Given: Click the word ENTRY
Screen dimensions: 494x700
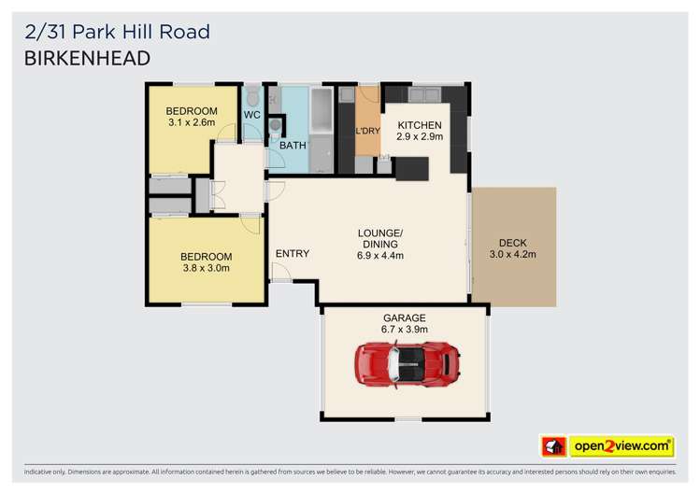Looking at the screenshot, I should click(293, 254).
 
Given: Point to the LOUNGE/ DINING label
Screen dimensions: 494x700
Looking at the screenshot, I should click(381, 238).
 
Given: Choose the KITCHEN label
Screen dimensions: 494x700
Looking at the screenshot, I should click(420, 125).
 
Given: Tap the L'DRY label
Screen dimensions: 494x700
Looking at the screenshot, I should click(368, 131).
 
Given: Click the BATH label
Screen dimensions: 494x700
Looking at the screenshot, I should click(293, 146).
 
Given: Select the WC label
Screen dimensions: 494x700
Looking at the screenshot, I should click(251, 115).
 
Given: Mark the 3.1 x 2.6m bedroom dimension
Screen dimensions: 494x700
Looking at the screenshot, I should click(192, 122).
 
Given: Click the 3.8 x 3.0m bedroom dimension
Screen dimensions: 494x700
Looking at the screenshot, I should click(206, 268).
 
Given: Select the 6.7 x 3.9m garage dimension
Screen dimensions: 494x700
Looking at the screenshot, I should click(404, 329).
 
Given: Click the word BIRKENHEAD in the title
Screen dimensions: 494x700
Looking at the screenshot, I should click(87, 58).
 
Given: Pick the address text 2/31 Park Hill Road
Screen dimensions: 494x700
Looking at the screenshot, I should click(117, 32).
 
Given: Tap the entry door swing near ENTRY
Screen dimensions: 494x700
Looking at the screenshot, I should click(280, 272).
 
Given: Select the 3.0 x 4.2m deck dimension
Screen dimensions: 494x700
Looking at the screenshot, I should click(514, 253).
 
